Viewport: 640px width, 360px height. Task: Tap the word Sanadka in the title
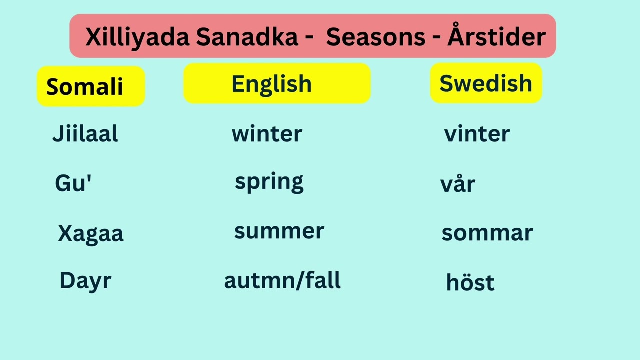[247, 37]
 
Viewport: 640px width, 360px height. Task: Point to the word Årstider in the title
[496, 36]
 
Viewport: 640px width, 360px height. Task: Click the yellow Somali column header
[91, 86]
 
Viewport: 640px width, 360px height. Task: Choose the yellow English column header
[277, 84]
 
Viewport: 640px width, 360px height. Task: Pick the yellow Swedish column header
[486, 83]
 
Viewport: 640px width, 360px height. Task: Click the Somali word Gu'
[73, 184]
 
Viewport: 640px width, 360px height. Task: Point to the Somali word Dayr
[85, 281]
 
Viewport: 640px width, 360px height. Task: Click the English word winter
[267, 134]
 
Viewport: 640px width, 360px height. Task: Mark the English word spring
[269, 182]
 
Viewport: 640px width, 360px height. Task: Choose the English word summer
[279, 231]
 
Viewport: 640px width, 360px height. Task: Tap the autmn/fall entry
[282, 280]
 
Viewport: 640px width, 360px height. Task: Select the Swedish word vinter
[477, 134]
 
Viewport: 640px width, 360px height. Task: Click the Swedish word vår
[457, 184]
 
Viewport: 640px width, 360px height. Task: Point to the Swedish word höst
[470, 282]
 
